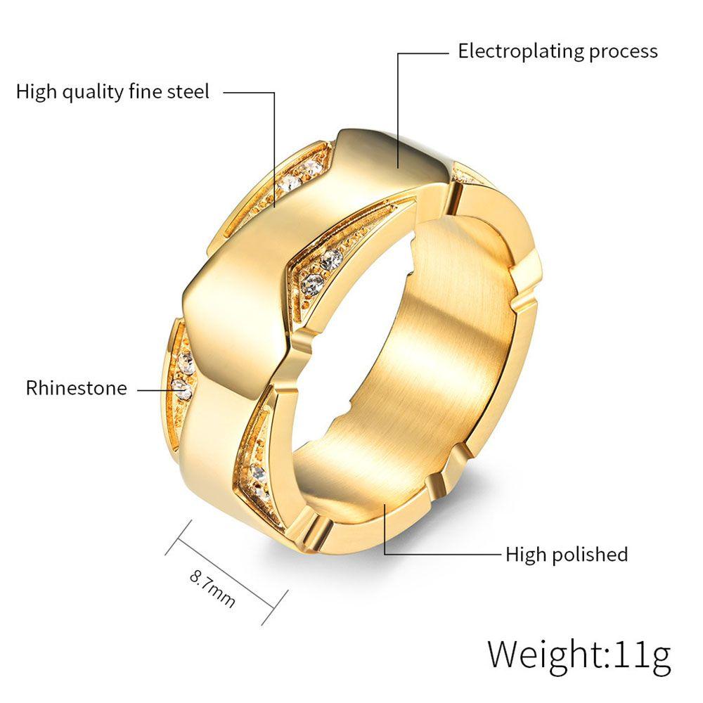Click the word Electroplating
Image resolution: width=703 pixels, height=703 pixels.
(x=522, y=51)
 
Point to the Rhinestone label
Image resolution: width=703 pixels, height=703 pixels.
(x=77, y=388)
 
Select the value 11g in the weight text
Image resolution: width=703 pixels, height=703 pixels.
(x=642, y=654)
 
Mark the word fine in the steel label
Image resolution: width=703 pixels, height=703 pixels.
(x=144, y=91)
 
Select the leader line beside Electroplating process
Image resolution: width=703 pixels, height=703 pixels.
(x=398, y=105)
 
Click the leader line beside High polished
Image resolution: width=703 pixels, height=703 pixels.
(x=443, y=554)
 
